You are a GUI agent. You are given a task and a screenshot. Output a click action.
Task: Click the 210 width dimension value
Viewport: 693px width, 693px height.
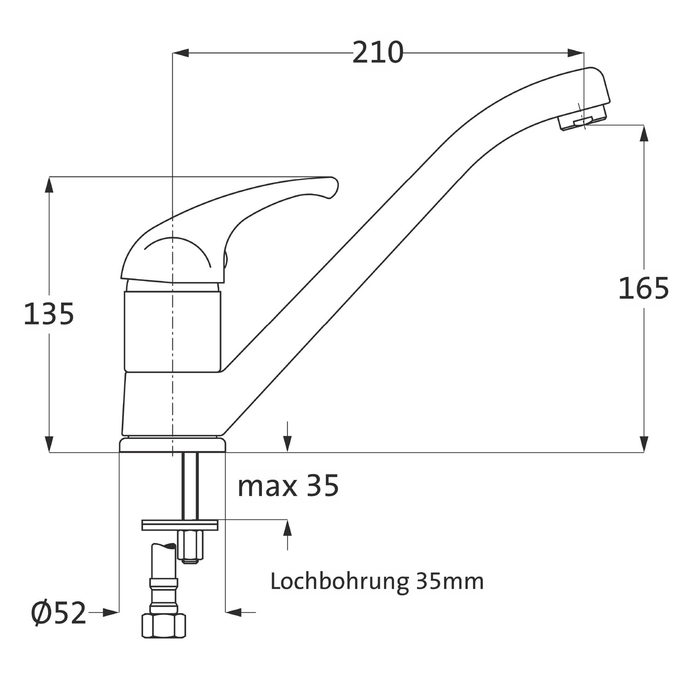(x=378, y=53)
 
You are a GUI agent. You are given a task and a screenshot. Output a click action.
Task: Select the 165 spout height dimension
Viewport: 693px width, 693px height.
(x=644, y=288)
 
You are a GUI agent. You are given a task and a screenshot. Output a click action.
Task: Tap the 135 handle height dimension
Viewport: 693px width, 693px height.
(x=49, y=314)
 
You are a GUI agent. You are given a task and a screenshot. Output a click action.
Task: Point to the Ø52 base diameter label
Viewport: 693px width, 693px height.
(x=59, y=613)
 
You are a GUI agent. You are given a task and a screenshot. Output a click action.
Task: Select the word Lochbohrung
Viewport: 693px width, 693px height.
(x=340, y=582)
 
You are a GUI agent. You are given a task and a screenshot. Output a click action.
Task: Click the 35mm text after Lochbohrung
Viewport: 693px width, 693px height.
(x=450, y=582)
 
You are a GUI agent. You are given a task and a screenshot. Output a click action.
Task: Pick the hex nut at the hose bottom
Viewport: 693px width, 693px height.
(x=164, y=625)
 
